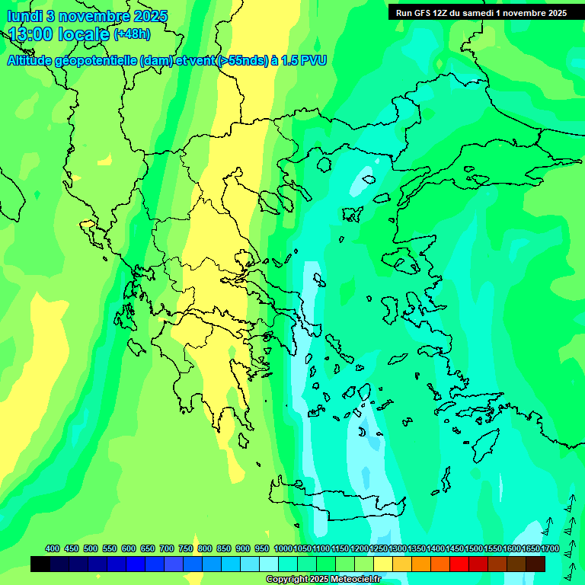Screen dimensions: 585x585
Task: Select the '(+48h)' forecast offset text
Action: tap(132, 34)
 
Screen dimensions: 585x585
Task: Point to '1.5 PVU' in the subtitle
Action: tap(304, 61)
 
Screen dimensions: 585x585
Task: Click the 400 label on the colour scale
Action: tap(53, 549)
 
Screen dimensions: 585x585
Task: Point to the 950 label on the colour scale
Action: tap(262, 549)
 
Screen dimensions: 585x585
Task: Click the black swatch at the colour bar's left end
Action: tap(40, 564)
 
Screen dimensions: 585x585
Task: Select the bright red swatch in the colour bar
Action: tap(459, 564)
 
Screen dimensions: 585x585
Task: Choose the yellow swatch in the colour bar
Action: tap(383, 564)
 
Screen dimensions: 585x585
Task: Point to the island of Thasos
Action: tap(324, 165)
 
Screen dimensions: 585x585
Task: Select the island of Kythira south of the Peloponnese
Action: tap(243, 441)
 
